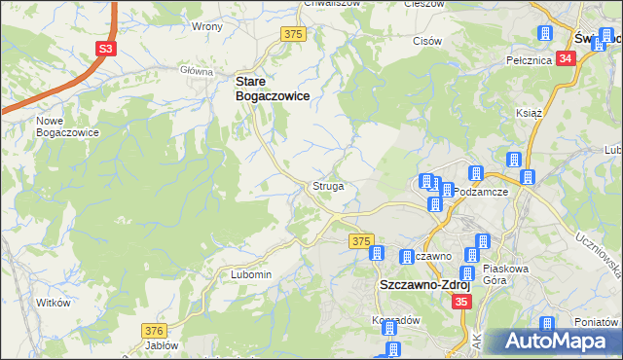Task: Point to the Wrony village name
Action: tap(207, 26)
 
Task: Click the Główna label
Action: tap(197, 71)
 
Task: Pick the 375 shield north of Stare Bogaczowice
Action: tap(293, 34)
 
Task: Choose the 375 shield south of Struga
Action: tap(361, 240)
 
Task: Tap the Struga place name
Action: tap(327, 185)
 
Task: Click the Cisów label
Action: tap(427, 42)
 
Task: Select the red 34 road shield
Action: tap(567, 58)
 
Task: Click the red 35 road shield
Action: tap(461, 304)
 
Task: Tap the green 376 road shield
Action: tap(155, 331)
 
